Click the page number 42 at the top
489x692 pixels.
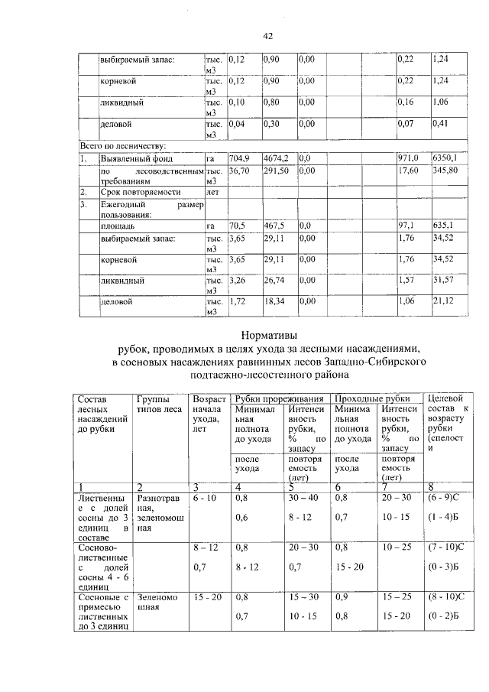[x=267, y=35]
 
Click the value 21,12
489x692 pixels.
[x=443, y=302]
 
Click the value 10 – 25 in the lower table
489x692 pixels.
[x=397, y=548]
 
